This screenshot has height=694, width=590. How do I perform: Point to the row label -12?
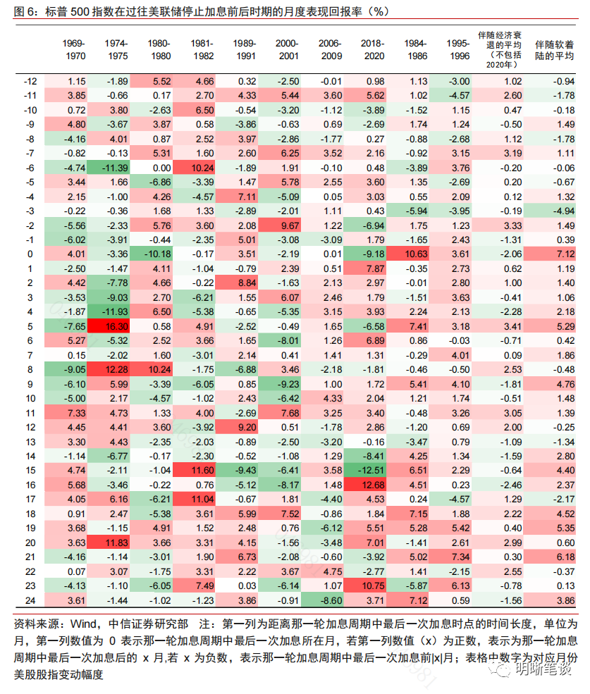point(30,82)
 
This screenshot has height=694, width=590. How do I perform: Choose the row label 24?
point(30,599)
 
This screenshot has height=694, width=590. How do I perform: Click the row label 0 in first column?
point(30,254)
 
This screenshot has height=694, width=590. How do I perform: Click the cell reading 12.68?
point(373,484)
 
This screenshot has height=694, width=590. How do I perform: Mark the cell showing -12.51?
point(373,469)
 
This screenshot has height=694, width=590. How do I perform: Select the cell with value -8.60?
point(331,599)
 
